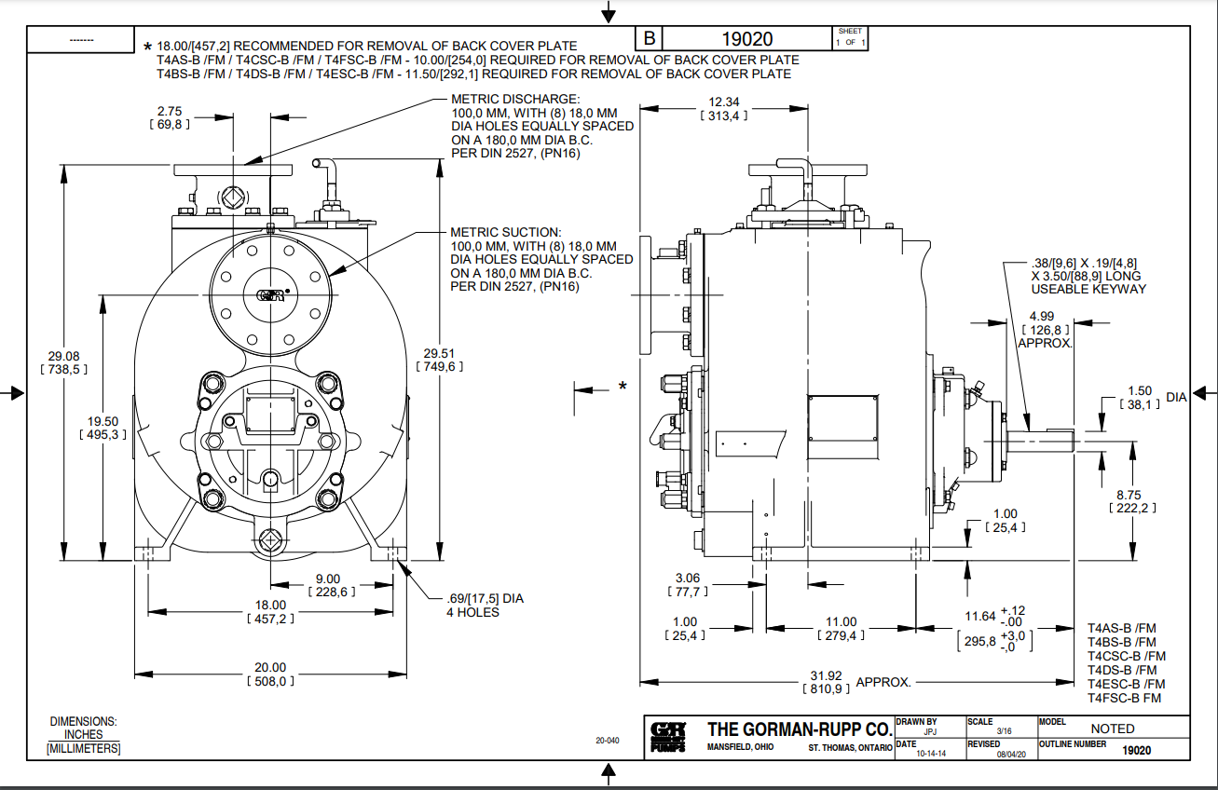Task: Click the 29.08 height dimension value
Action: click(63, 356)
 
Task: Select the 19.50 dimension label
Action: click(101, 421)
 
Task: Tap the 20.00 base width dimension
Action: click(270, 667)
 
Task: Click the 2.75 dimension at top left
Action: click(169, 109)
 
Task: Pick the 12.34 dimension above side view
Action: click(723, 102)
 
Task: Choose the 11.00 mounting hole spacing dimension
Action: click(841, 621)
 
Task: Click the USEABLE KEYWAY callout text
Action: click(1088, 289)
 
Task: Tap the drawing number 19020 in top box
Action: click(747, 38)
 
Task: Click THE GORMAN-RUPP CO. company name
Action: click(799, 729)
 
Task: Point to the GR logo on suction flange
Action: click(268, 295)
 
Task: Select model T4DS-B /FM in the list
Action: click(1121, 670)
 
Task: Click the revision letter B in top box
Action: click(650, 38)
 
